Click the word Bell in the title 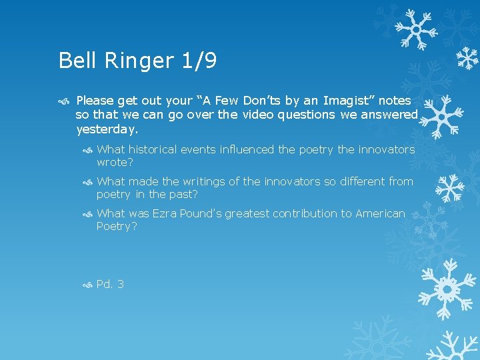pyautogui.click(x=76, y=61)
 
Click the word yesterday pyautogui.click(x=107, y=129)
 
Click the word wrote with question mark pyautogui.click(x=115, y=162)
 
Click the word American pyautogui.click(x=380, y=213)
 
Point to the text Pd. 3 pyautogui.click(x=110, y=285)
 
